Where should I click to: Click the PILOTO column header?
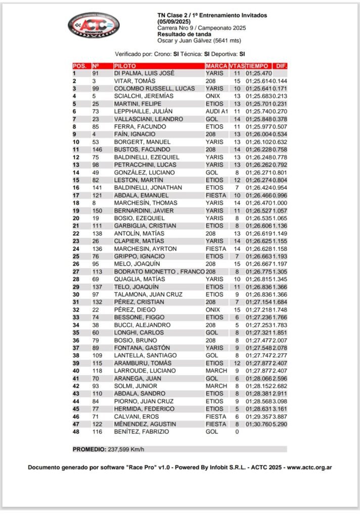pos(124,66)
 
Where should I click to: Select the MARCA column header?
pos(216,66)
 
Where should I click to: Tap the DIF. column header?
pos(280,66)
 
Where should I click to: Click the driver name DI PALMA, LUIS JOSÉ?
pos(144,73)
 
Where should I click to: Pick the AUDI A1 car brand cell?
pos(217,111)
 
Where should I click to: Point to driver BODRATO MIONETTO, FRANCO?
pos(158,271)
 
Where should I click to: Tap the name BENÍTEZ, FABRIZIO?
pos(142,432)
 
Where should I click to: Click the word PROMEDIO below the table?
pos(89,449)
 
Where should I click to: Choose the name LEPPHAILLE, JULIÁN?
pos(144,111)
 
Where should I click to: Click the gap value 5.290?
pos(280,424)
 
